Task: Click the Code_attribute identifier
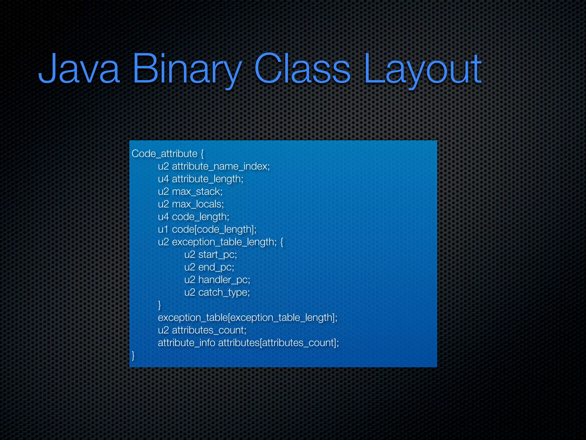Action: point(165,154)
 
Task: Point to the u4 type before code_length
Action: point(163,217)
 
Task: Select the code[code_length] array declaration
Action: point(214,229)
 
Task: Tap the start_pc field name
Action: point(217,255)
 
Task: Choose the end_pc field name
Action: point(216,267)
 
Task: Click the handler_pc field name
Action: point(224,280)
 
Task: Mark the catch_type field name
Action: point(224,292)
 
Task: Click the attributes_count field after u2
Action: point(209,330)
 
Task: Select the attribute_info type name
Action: point(186,343)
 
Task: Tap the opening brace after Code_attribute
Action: point(202,154)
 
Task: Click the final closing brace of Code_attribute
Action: point(133,355)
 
